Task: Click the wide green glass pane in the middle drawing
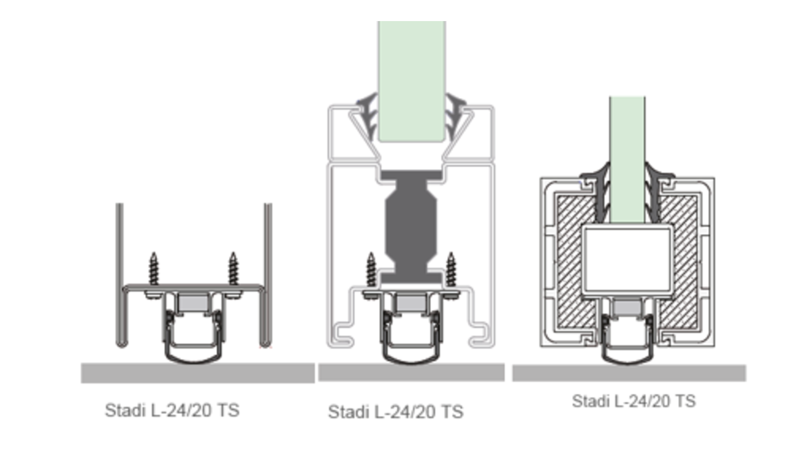412,81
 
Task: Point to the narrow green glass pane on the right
627,160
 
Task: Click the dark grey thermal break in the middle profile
411,227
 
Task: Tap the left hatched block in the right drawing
576,261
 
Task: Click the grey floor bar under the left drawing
198,373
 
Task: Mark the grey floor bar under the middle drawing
411,372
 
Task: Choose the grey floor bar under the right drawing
629,373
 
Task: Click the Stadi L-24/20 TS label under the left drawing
172,410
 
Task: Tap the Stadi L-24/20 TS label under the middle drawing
396,412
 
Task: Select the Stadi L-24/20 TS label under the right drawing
634,401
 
